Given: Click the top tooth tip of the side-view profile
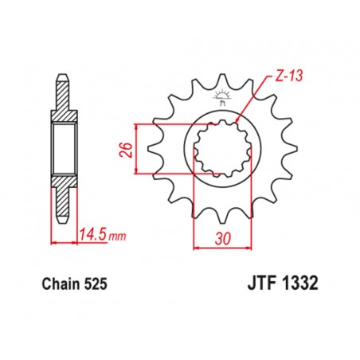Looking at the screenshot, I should (x=63, y=79).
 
